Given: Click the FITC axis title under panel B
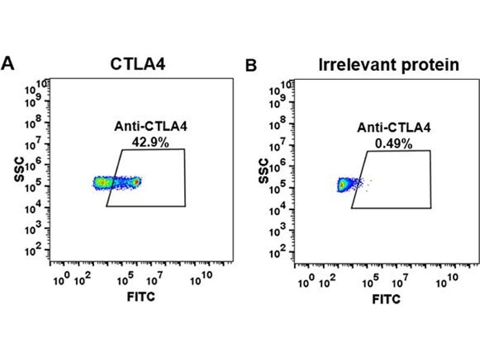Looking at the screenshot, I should [x=385, y=298].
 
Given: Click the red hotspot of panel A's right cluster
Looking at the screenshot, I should [x=136, y=181].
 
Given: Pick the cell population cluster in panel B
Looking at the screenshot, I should [x=344, y=184].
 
